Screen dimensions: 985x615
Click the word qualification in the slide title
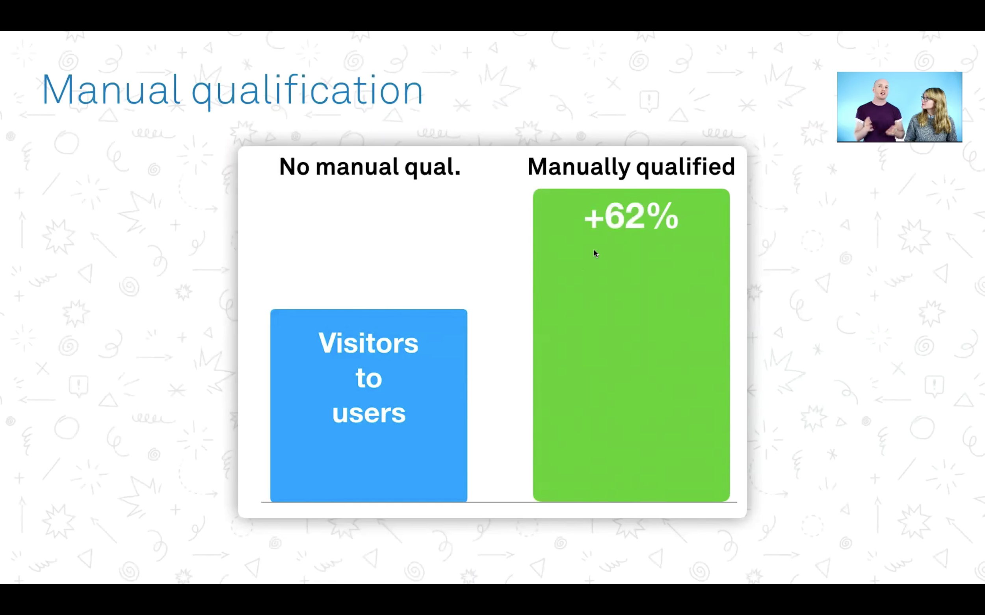pos(307,91)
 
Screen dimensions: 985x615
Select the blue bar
pos(369,406)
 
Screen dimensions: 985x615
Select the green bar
pos(631,345)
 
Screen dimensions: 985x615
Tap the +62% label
pos(631,216)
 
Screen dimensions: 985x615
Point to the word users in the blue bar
pos(369,414)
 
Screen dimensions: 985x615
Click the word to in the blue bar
pos(369,378)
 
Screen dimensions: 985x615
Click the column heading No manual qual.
pos(370,167)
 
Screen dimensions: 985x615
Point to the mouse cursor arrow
pos(596,254)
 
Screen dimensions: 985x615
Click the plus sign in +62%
pos(593,219)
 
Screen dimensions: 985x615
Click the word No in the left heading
pos(294,167)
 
